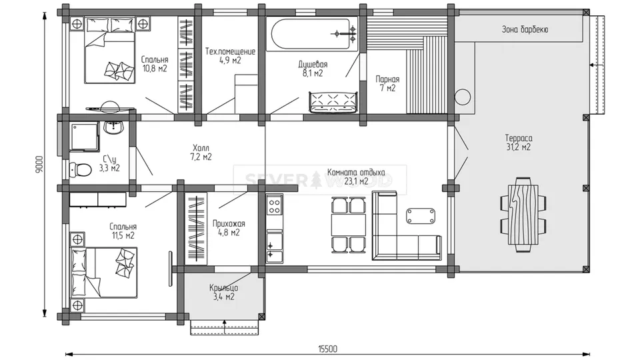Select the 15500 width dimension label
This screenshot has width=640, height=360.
[328, 349]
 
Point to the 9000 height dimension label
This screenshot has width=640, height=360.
[39, 164]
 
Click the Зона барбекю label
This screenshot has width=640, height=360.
[525, 29]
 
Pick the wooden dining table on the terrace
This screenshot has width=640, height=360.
[523, 215]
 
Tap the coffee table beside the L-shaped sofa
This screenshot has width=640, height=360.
[421, 216]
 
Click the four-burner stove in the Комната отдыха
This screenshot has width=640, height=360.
[274, 205]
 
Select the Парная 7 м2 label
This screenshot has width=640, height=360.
[387, 83]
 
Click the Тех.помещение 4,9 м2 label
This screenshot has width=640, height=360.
[230, 56]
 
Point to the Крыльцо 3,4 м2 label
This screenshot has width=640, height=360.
[224, 292]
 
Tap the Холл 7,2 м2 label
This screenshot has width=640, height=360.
[201, 152]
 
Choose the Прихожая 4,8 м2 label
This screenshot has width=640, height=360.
[229, 228]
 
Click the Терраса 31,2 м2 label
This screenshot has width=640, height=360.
[519, 143]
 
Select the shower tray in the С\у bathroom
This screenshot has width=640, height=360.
[84, 137]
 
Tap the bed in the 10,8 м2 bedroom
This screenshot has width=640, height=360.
[110, 50]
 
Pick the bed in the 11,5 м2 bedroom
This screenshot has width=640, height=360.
[104, 272]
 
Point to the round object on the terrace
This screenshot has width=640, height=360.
[463, 97]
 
